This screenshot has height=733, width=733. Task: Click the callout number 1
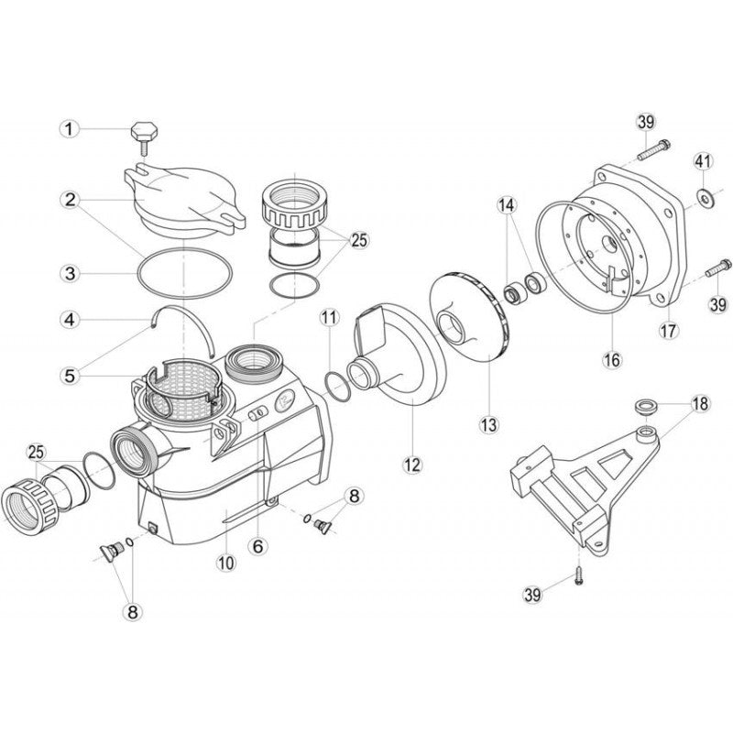68,130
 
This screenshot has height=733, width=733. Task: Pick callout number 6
258,543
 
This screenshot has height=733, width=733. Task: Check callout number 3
68,272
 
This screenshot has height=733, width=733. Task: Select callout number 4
68,320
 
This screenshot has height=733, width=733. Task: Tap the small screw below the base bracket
578,575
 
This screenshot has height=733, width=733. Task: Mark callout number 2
68,199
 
